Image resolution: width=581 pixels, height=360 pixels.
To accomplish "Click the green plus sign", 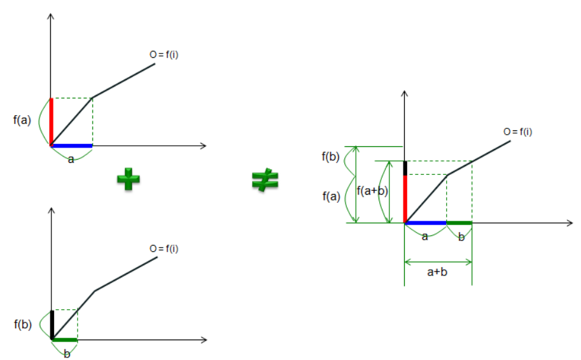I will (x=128, y=180).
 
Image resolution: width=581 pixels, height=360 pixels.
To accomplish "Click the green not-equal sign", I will (x=265, y=181).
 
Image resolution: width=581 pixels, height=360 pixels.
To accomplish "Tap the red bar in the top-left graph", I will (x=51, y=121).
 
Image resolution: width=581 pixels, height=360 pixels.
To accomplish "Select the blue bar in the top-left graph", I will (x=72, y=146).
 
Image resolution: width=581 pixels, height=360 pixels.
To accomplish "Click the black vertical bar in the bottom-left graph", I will (x=52, y=324).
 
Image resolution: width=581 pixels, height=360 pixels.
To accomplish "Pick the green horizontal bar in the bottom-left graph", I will (x=64, y=340).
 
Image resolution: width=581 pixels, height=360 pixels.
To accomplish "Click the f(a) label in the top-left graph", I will (x=22, y=119).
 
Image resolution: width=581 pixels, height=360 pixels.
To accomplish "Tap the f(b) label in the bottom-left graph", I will (x=22, y=323).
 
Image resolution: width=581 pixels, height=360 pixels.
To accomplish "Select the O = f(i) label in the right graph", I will (x=517, y=132).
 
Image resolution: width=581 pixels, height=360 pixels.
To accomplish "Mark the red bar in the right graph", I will (x=405, y=198).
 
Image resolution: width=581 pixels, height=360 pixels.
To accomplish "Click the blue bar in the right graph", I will (x=426, y=223).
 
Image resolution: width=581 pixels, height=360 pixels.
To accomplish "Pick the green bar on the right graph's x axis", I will (x=459, y=223).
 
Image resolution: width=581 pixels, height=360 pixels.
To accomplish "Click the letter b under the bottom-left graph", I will (x=67, y=353).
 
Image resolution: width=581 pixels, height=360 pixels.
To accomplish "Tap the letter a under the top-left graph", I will (x=71, y=159).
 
